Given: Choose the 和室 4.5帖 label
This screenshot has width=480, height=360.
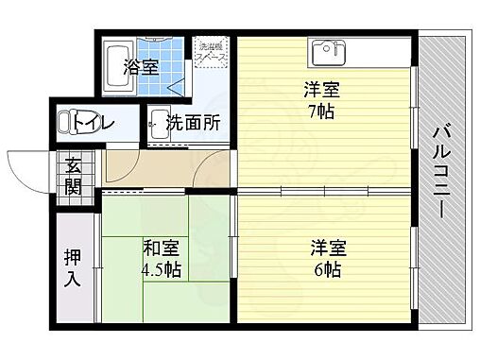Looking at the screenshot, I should (x=162, y=258).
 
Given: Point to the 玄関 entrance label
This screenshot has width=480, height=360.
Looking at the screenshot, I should (x=74, y=175).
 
